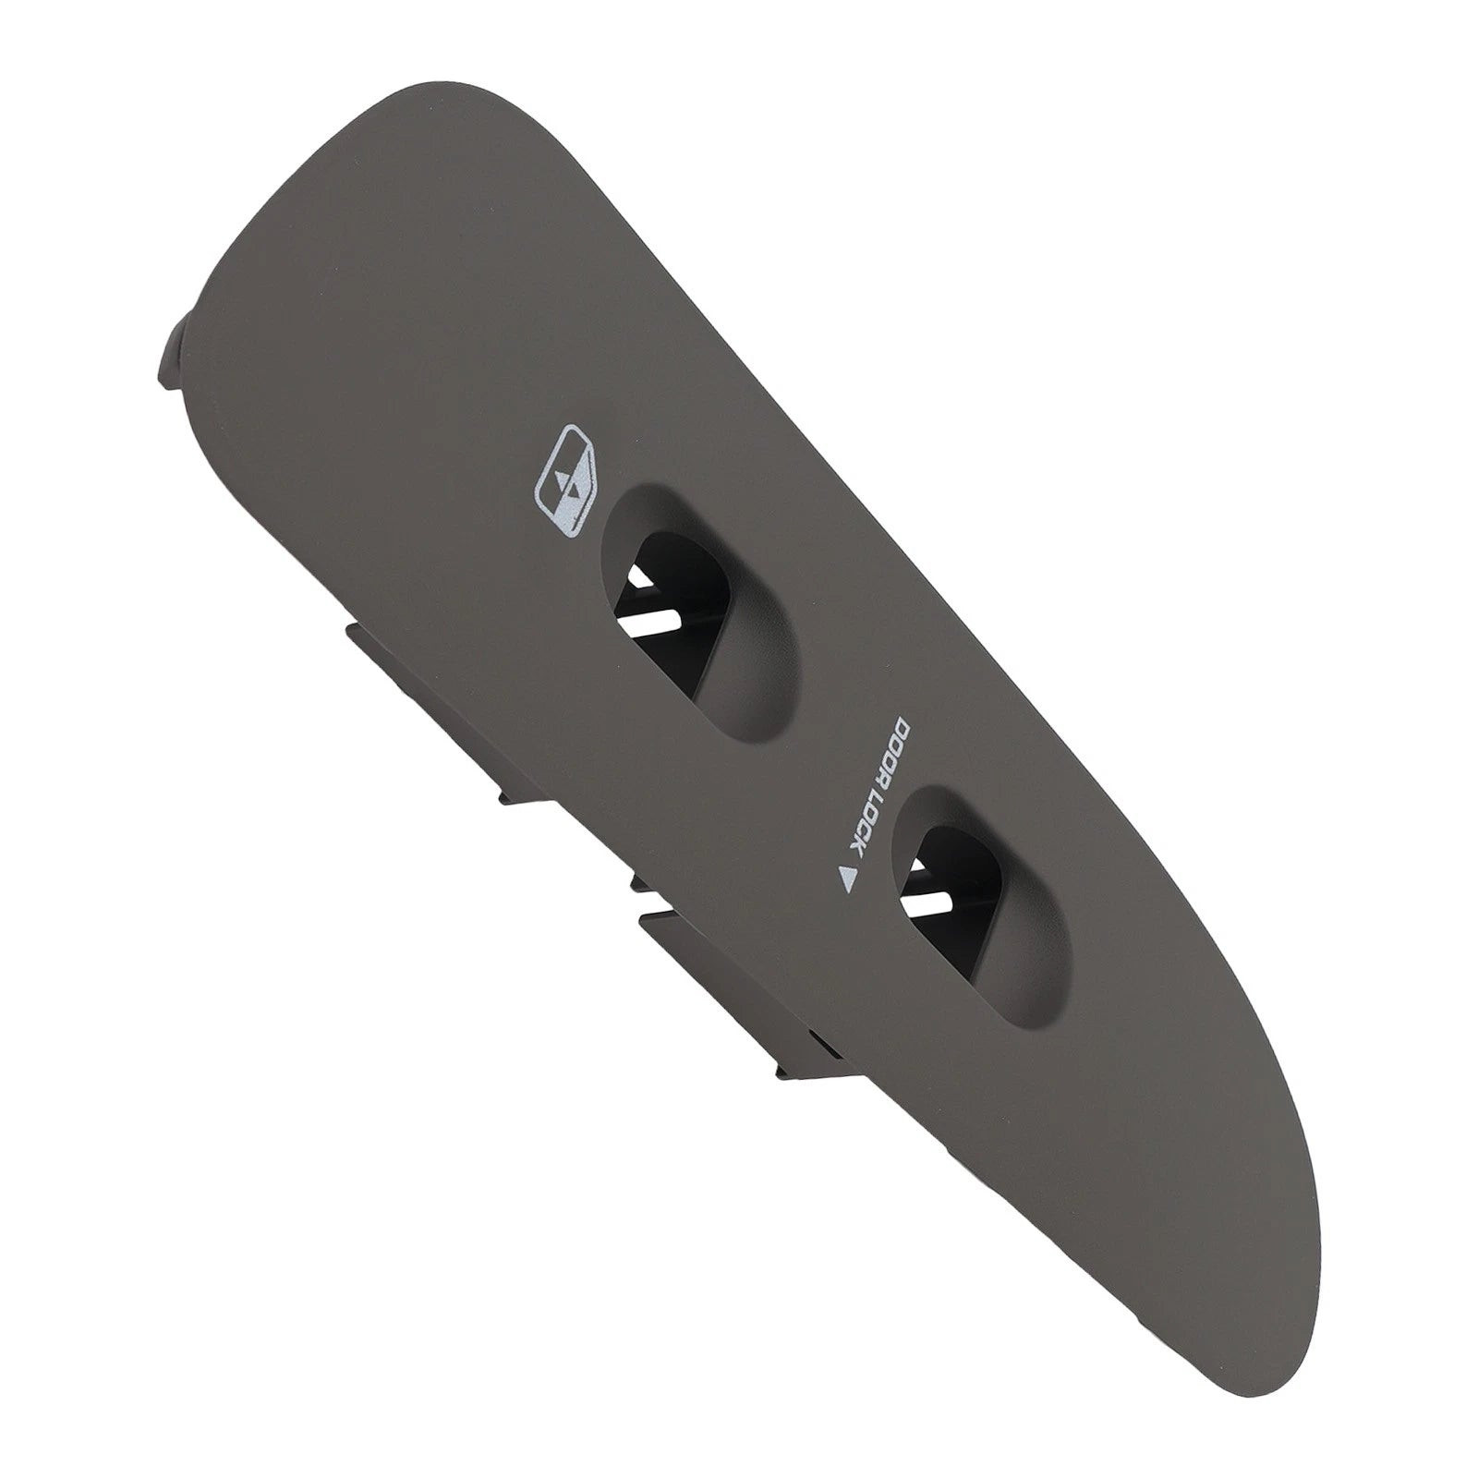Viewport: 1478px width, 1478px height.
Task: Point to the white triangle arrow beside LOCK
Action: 846,878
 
